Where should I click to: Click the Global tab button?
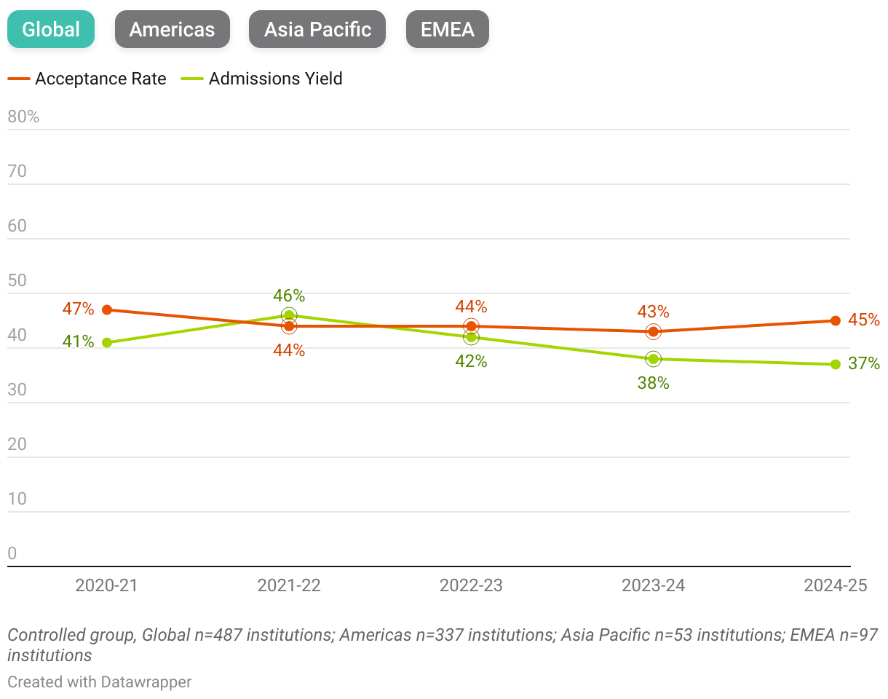(x=51, y=29)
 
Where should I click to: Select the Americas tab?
(x=173, y=29)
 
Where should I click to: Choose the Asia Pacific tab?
(x=317, y=29)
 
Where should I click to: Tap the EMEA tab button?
(x=447, y=29)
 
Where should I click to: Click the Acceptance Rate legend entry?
(x=87, y=79)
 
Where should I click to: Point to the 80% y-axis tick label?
(x=23, y=116)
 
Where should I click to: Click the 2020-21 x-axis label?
(x=107, y=585)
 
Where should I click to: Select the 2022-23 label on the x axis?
(x=471, y=585)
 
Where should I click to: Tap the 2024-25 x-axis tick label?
(x=835, y=585)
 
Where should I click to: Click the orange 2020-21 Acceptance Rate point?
(x=107, y=309)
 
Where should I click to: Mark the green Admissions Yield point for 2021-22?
(x=289, y=315)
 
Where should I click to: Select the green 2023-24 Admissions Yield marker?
(x=653, y=358)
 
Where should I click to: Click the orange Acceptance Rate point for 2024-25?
(x=835, y=320)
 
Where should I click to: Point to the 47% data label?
(x=78, y=309)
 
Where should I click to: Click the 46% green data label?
(x=289, y=296)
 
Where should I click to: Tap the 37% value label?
(x=864, y=363)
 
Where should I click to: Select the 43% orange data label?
(x=653, y=312)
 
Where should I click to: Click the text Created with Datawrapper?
(x=100, y=682)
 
